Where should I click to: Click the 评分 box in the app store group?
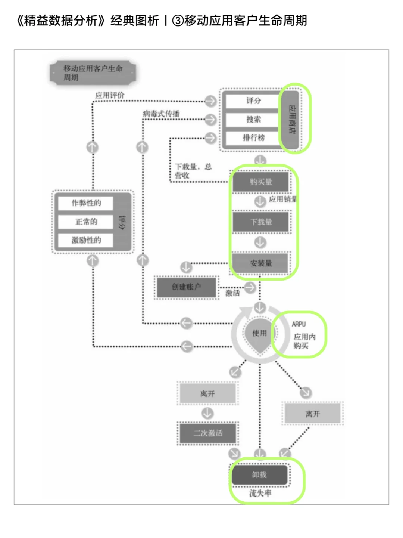coord(253,101)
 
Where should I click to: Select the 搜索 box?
coord(253,119)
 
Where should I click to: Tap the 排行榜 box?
coord(253,137)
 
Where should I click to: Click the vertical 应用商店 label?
coord(292,119)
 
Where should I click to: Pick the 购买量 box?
coord(260,182)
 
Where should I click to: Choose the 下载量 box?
coord(260,222)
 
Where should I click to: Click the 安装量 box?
coord(260,263)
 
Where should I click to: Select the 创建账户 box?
coord(186,287)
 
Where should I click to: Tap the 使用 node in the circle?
coord(260,333)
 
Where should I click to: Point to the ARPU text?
coord(299,324)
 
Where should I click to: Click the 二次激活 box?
coord(208,433)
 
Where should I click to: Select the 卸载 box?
coord(260,475)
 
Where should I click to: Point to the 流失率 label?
coord(260,494)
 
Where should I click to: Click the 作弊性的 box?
coord(86,203)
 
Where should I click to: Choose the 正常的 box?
coord(86,222)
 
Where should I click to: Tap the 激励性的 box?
coord(86,240)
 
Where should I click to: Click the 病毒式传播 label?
coord(161,114)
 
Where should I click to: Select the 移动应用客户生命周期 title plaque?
coord(93,72)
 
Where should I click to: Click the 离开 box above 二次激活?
coord(207,394)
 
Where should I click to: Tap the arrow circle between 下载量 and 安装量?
coord(260,242)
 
